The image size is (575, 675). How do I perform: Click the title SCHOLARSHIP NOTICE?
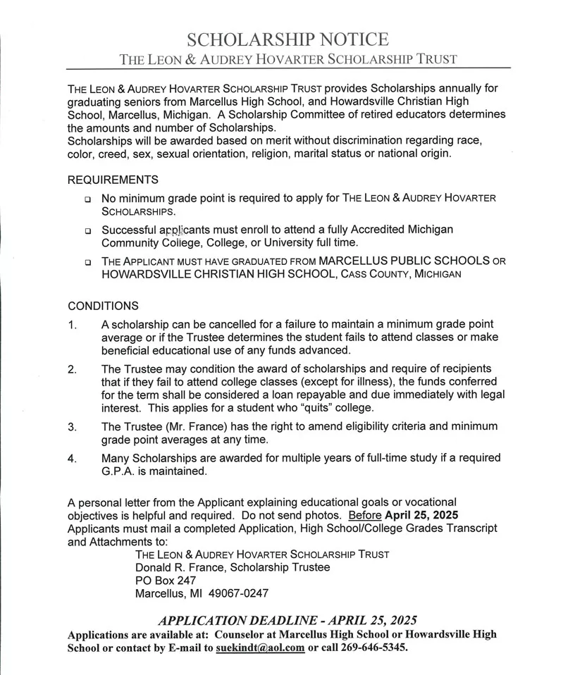tap(287, 39)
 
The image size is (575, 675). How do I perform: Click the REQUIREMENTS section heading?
tap(113, 180)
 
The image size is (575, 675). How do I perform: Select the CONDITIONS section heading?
tap(103, 306)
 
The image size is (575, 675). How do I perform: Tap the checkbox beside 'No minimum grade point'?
tap(87, 199)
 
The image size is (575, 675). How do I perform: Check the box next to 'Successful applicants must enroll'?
tap(87, 231)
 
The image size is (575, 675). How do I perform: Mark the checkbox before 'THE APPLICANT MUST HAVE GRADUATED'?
tap(87, 262)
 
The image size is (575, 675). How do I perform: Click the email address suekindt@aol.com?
tap(260, 648)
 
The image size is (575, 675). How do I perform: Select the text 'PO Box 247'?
tap(165, 580)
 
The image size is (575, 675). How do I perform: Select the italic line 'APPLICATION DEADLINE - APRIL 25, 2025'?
tap(287, 621)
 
